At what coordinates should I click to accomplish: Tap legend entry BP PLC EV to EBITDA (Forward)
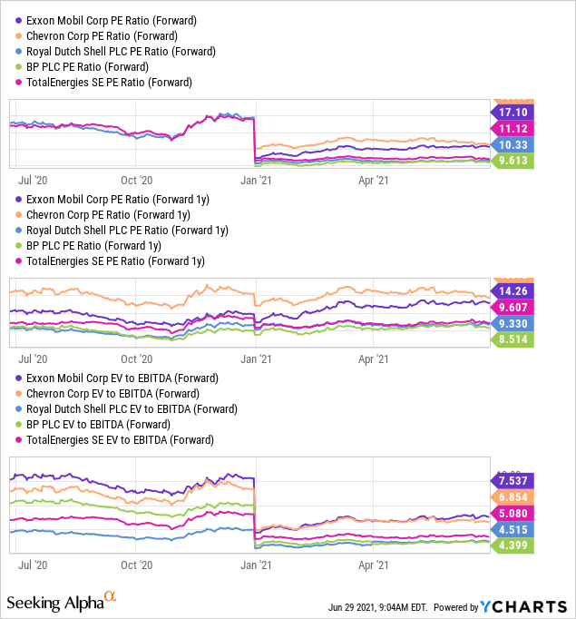pyautogui.click(x=103, y=424)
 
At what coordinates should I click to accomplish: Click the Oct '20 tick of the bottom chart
pyautogui.click(x=137, y=564)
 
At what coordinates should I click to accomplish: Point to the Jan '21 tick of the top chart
pyautogui.click(x=255, y=180)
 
